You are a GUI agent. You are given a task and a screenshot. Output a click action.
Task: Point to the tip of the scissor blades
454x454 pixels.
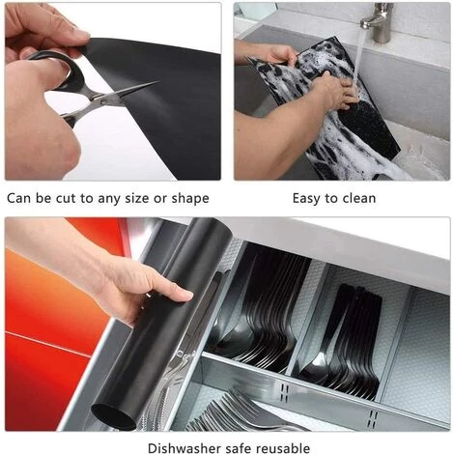click(x=158, y=82)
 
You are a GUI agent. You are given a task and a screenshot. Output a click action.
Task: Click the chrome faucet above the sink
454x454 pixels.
click(x=378, y=22)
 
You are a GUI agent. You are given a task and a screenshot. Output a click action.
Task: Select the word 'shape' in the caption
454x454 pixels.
click(x=190, y=199)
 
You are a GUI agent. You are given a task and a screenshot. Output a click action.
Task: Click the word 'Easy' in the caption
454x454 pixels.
click(x=307, y=199)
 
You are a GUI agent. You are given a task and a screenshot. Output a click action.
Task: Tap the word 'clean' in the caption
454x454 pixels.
click(x=359, y=198)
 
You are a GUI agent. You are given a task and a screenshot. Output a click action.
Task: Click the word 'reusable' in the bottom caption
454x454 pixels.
click(x=283, y=448)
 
